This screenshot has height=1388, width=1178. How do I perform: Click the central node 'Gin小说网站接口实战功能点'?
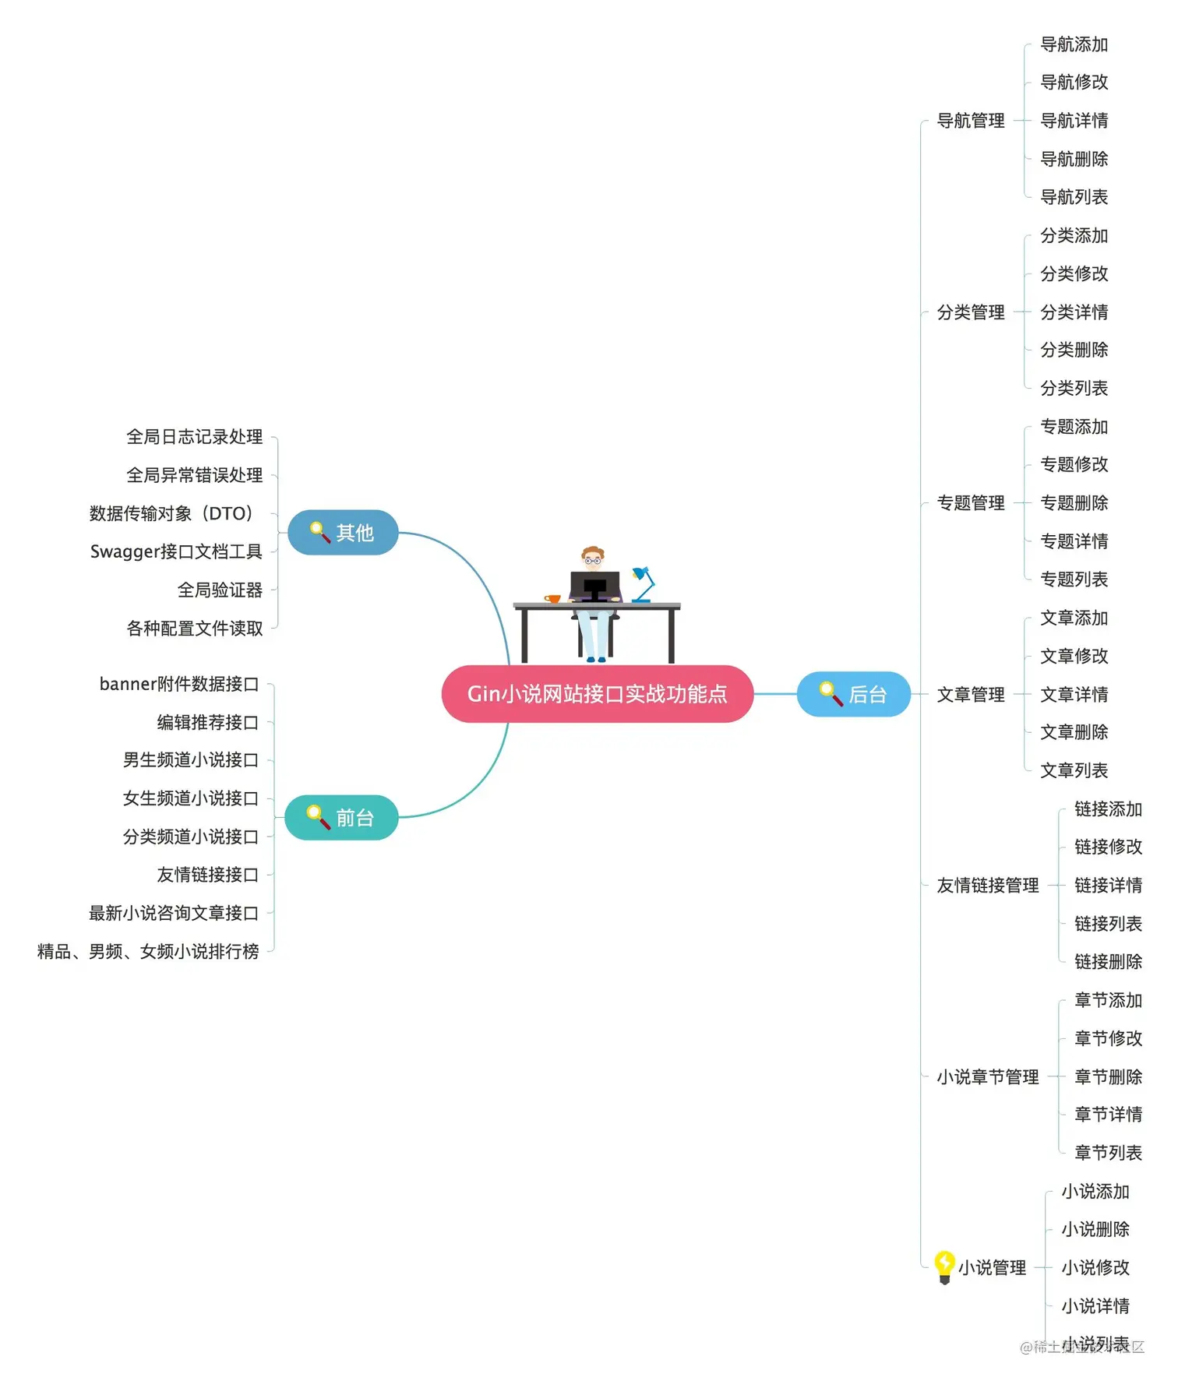(x=597, y=693)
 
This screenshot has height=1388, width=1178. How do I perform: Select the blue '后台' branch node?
(x=854, y=694)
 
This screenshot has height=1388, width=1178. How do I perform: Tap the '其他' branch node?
(x=343, y=533)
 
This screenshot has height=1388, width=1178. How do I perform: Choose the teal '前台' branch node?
(x=341, y=818)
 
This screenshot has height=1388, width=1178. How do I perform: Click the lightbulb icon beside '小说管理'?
(x=944, y=1266)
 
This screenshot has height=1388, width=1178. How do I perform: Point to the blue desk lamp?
(x=644, y=583)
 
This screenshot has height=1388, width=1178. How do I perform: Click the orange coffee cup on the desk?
(x=553, y=598)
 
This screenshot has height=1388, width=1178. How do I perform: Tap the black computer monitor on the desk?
(x=594, y=586)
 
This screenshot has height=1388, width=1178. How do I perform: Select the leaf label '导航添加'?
(x=1074, y=44)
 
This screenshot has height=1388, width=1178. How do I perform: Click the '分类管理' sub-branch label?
(x=971, y=312)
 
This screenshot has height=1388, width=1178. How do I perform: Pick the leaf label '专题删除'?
(x=1074, y=503)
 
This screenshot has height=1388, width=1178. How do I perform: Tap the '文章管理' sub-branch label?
(x=971, y=694)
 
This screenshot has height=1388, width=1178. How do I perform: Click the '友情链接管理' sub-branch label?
(x=987, y=885)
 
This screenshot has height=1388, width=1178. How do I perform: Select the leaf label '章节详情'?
(x=1108, y=1115)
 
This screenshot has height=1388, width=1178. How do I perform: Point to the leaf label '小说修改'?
(x=1095, y=1267)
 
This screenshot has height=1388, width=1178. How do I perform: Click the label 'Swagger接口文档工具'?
(x=176, y=551)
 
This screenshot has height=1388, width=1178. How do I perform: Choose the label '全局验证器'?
(x=220, y=590)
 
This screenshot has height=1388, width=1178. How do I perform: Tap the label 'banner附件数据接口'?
(x=178, y=684)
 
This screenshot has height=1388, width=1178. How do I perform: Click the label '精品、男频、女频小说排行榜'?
(x=148, y=951)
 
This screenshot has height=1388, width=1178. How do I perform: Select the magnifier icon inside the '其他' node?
(x=319, y=532)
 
